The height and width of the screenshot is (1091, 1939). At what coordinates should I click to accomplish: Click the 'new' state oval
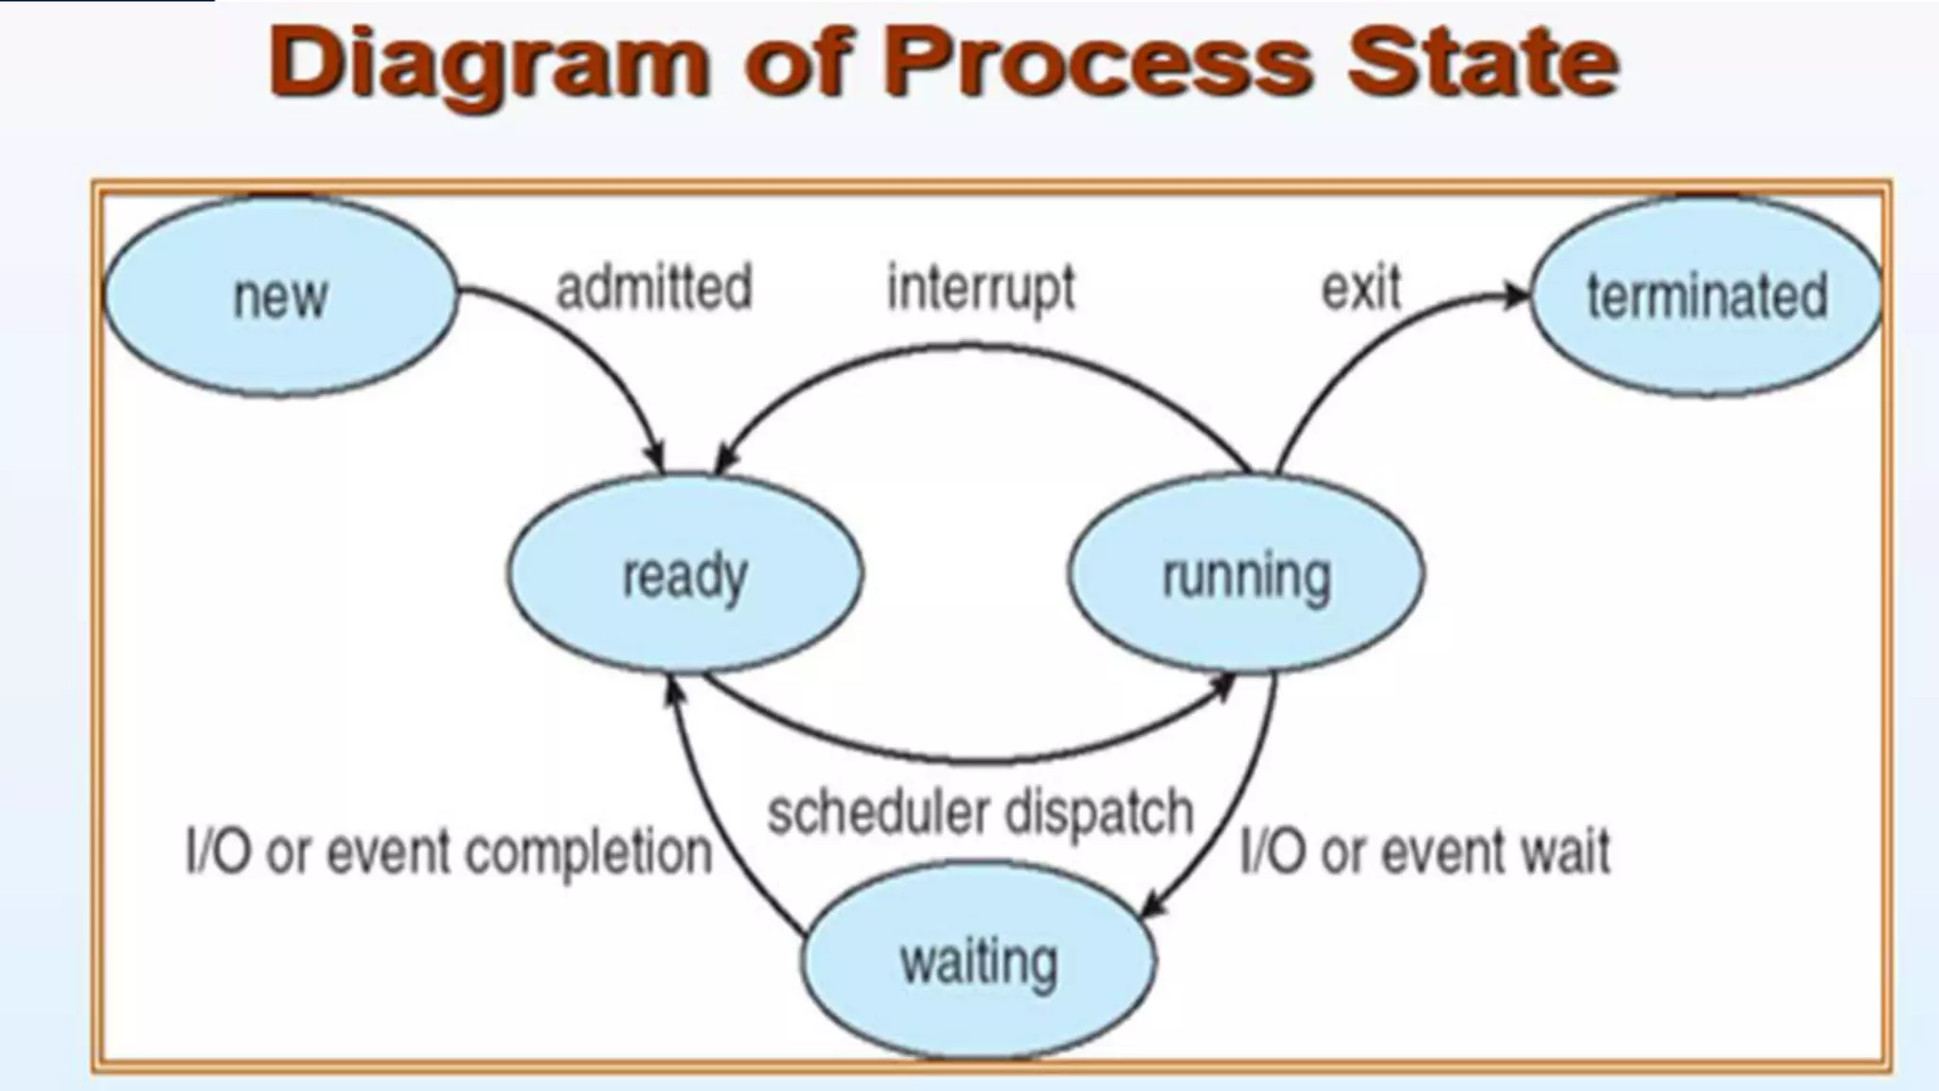point(279,295)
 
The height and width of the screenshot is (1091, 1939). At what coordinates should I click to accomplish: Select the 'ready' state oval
point(685,574)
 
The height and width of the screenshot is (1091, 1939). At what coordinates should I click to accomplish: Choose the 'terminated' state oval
point(1706,295)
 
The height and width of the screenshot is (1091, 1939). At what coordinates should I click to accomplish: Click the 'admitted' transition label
point(654,287)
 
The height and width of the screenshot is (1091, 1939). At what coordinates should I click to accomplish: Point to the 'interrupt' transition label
point(981,288)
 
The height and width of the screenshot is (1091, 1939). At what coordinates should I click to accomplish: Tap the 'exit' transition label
point(1361,287)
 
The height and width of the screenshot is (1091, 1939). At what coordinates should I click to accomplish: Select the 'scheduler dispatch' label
point(980,813)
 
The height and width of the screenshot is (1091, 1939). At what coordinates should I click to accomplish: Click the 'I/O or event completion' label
point(449,851)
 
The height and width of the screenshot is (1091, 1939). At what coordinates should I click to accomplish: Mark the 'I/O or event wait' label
point(1425,850)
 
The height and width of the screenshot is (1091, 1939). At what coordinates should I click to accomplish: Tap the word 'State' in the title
point(1483,62)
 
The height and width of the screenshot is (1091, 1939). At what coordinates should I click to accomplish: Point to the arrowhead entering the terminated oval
point(1516,295)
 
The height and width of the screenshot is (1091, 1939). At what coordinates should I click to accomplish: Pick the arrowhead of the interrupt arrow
point(724,460)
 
